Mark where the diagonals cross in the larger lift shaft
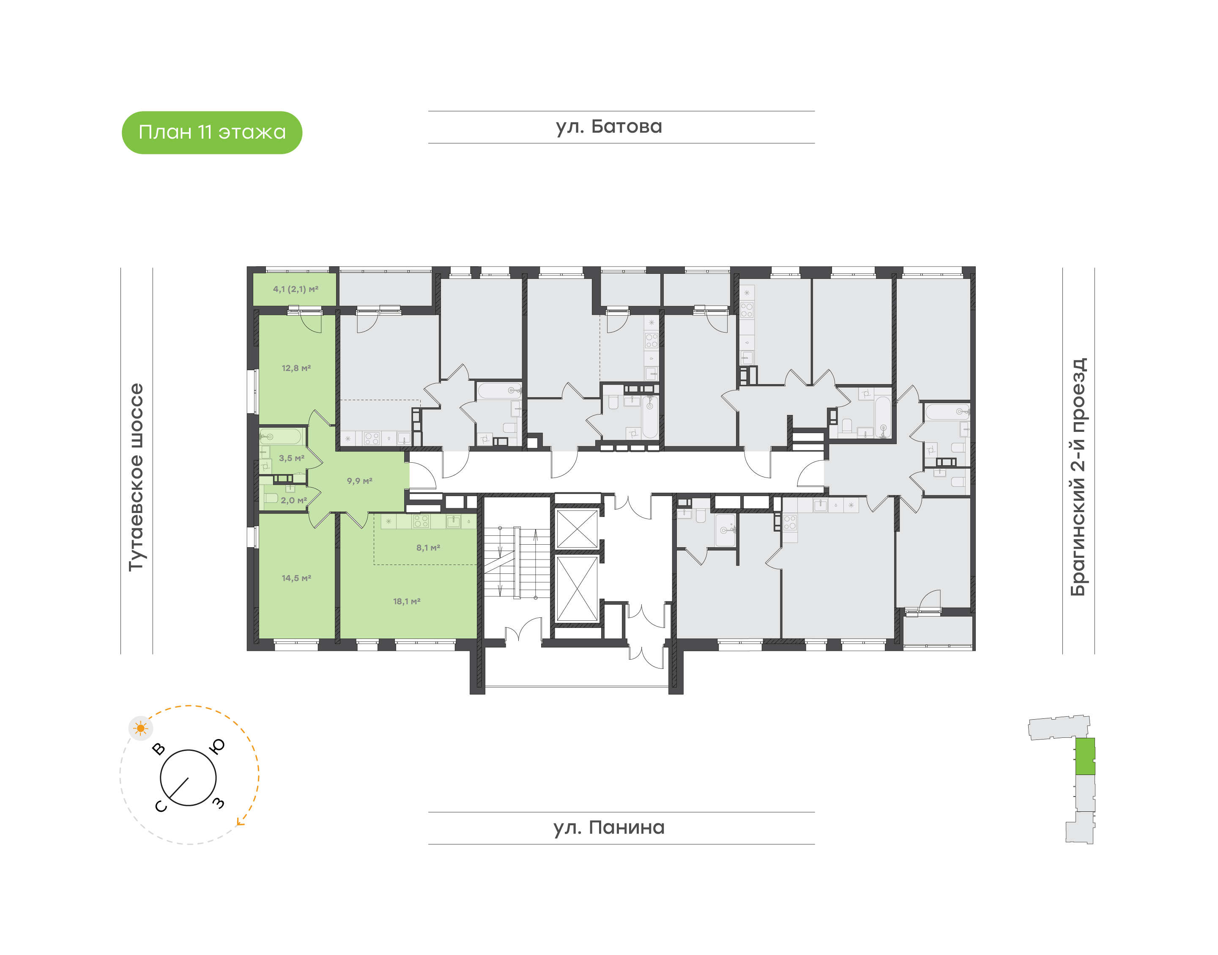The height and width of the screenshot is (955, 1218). click(x=578, y=588)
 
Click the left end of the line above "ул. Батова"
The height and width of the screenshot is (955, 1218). click(x=429, y=111)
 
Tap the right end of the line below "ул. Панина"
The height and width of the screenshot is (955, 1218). click(x=815, y=844)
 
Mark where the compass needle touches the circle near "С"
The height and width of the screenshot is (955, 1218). click(x=170, y=797)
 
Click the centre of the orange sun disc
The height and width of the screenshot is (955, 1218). click(x=140, y=729)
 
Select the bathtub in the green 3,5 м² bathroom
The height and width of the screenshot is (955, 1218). click(x=280, y=436)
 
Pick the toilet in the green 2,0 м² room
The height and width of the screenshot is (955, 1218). click(x=271, y=498)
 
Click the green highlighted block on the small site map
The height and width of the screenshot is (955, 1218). click(x=1085, y=756)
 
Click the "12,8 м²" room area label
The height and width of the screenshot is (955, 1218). click(x=296, y=368)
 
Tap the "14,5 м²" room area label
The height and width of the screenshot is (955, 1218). click(x=296, y=578)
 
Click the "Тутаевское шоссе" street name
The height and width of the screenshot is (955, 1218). click(x=136, y=477)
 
